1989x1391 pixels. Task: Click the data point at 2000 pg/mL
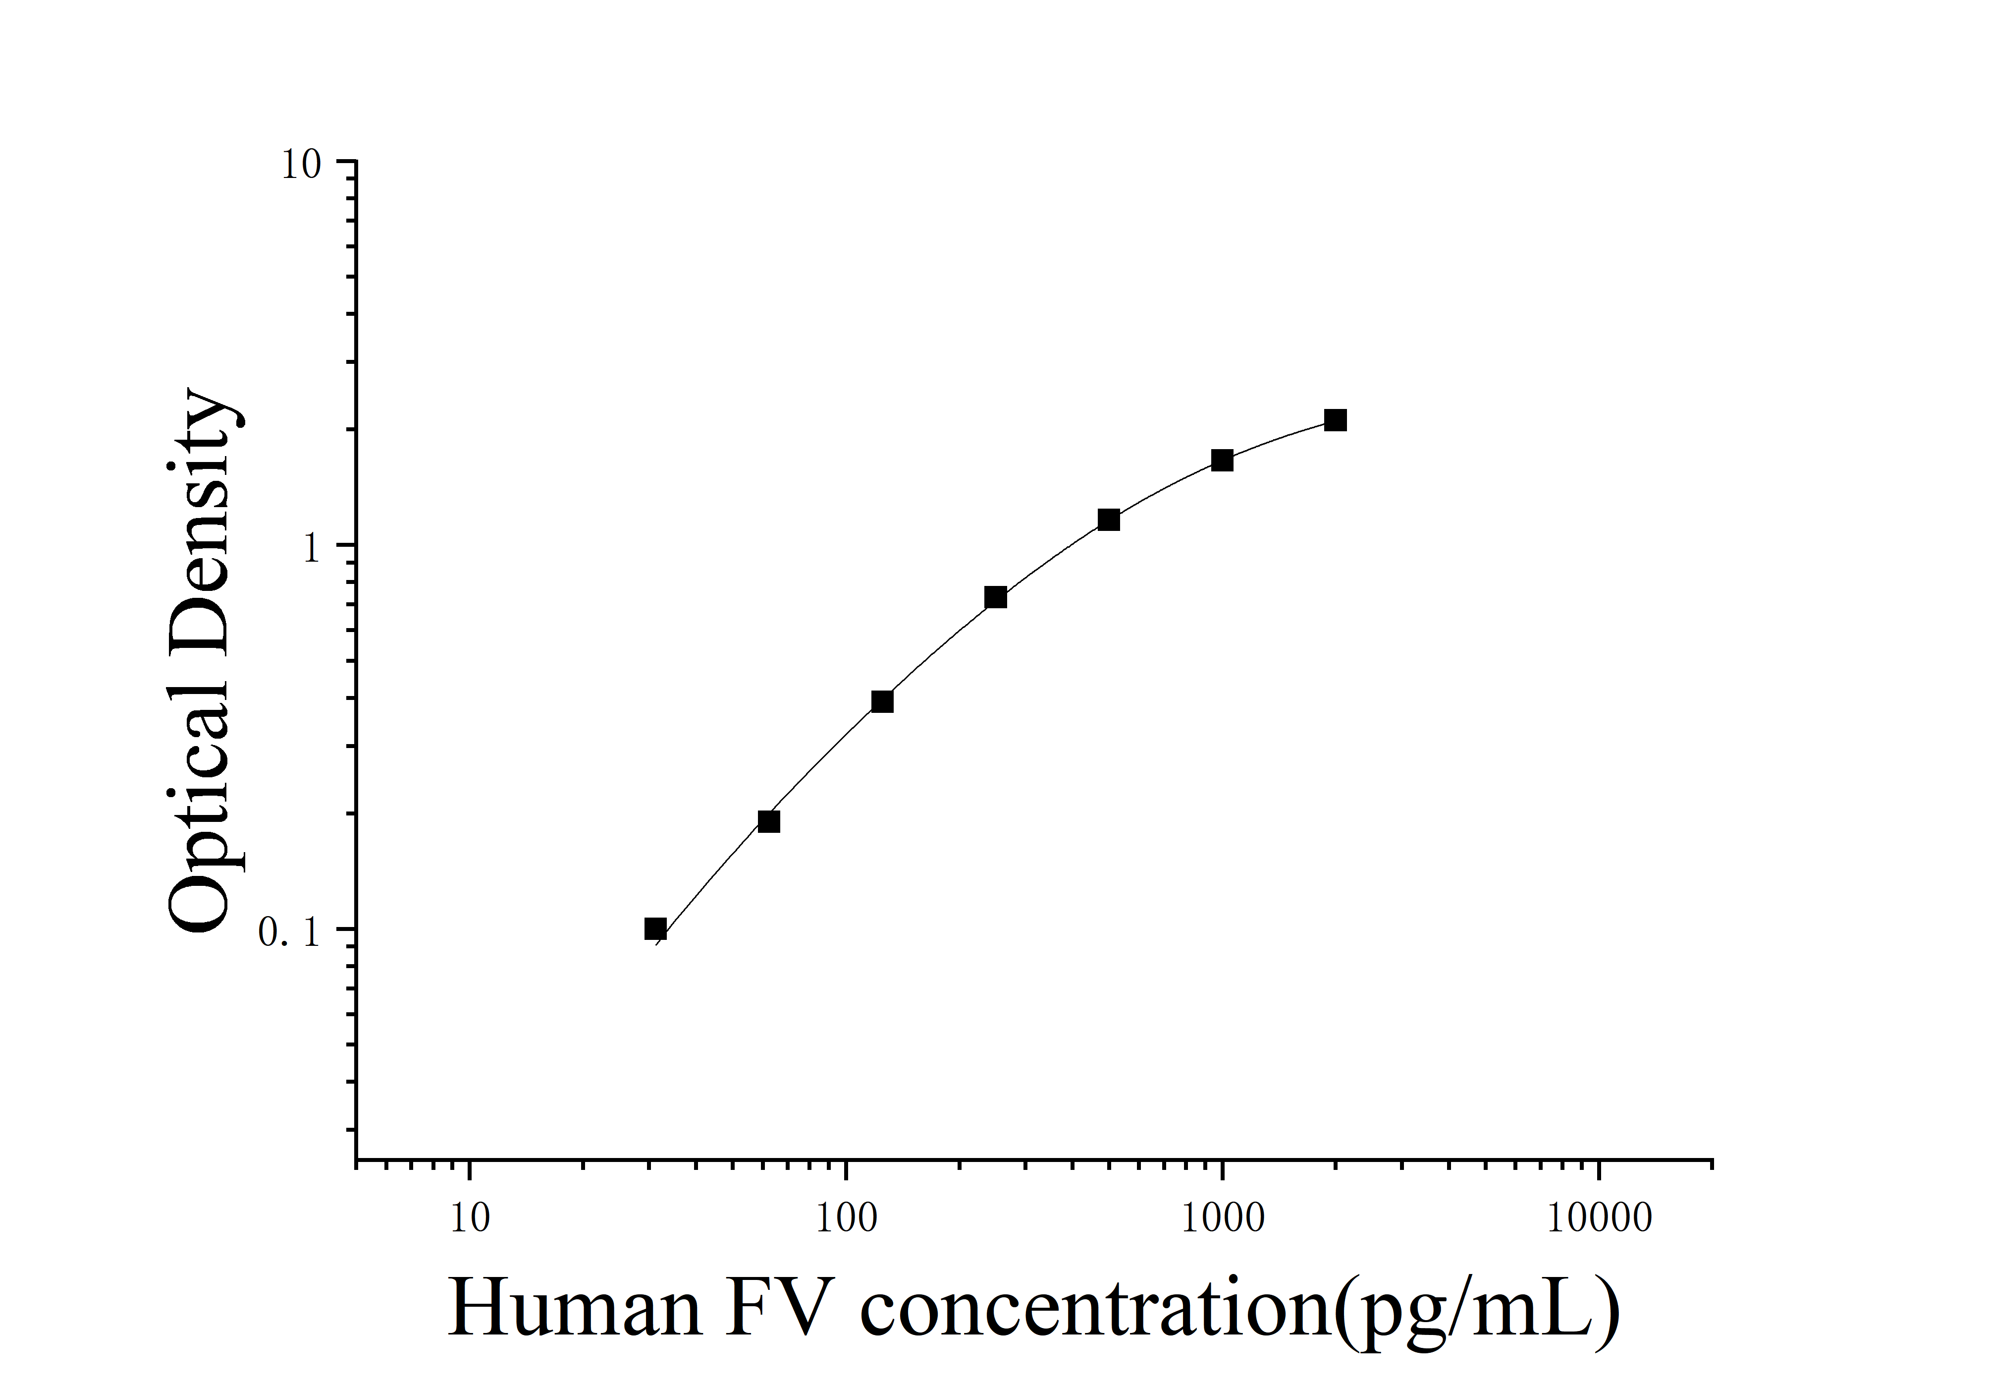(x=1335, y=420)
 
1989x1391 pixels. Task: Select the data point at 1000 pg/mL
(x=1222, y=460)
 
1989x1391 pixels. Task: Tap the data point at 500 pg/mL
(x=1108, y=520)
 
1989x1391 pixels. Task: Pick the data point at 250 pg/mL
(x=995, y=597)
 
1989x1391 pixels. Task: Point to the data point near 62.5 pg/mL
(x=768, y=821)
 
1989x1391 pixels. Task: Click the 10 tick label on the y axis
(x=301, y=166)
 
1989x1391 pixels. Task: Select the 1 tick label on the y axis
(x=312, y=549)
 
